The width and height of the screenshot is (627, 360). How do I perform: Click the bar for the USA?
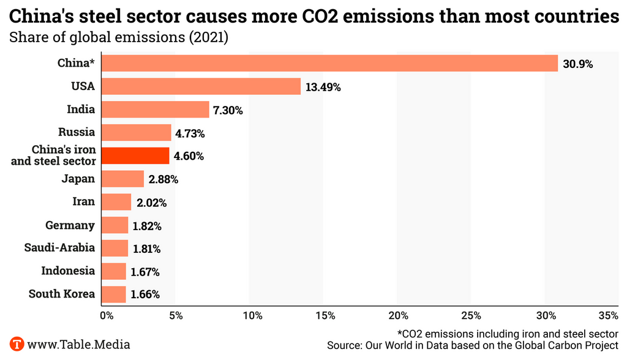pyautogui.click(x=201, y=86)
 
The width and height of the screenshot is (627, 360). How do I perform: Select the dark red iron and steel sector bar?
pyautogui.click(x=135, y=156)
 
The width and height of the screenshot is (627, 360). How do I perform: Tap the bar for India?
pyautogui.click(x=155, y=110)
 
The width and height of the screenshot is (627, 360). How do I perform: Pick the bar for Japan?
pyautogui.click(x=122, y=179)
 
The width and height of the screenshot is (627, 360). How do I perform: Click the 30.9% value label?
pyautogui.click(x=579, y=64)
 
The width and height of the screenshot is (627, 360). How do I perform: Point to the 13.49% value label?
pyautogui.click(x=323, y=87)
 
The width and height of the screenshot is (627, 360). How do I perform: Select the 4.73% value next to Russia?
pyautogui.click(x=189, y=133)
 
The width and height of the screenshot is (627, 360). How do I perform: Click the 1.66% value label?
pyautogui.click(x=145, y=294)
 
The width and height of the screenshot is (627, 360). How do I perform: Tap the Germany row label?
pyautogui.click(x=70, y=225)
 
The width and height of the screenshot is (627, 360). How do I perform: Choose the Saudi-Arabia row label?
pyautogui.click(x=59, y=248)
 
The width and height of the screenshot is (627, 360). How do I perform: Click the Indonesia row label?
pyautogui.click(x=68, y=271)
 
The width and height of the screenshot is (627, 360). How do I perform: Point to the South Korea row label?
pyautogui.click(x=62, y=294)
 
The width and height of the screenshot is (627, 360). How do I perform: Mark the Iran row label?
pyautogui.click(x=83, y=202)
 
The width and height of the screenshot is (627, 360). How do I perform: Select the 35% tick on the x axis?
pyautogui.click(x=608, y=316)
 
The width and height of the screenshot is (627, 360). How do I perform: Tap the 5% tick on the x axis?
pyautogui.click(x=176, y=316)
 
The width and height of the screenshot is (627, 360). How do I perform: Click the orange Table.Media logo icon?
pyautogui.click(x=17, y=344)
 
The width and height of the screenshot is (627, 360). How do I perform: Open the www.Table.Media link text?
pyautogui.click(x=79, y=345)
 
